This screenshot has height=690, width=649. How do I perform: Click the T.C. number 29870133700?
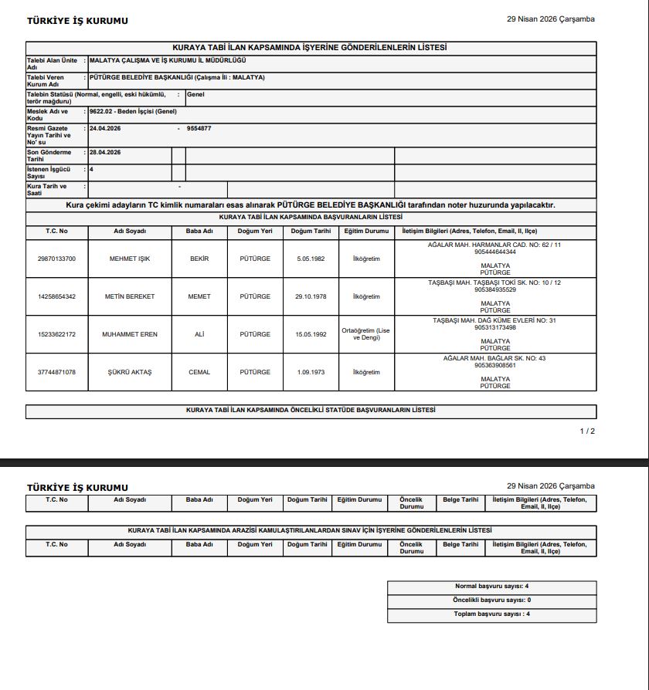point(56,259)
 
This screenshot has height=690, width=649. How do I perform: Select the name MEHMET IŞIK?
point(130,259)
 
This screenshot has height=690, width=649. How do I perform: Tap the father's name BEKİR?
point(199,259)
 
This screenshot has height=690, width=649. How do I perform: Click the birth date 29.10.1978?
point(311,296)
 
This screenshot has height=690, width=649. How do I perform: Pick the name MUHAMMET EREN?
point(130,334)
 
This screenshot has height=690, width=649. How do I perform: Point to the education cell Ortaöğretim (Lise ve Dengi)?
point(366,334)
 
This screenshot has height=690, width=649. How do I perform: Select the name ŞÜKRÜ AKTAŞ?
point(130,372)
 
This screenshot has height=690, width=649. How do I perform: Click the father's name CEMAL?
point(199,372)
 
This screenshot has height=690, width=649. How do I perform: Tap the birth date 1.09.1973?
point(311,372)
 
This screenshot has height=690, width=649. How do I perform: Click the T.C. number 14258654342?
point(56,296)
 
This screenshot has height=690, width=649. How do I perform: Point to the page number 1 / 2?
point(587,431)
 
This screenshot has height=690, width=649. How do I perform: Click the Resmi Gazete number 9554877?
point(199,128)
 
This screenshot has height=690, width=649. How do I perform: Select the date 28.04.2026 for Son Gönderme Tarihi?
point(105,152)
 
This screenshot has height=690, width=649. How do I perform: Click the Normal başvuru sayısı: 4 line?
point(492,587)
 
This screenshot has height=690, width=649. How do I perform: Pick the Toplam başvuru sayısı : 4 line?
point(491,614)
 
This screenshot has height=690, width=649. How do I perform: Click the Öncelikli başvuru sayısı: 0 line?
point(492,600)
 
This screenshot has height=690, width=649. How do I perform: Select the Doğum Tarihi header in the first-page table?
point(311,231)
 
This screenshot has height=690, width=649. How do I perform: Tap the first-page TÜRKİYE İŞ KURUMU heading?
point(77,21)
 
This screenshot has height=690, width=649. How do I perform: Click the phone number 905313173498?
point(495,327)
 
